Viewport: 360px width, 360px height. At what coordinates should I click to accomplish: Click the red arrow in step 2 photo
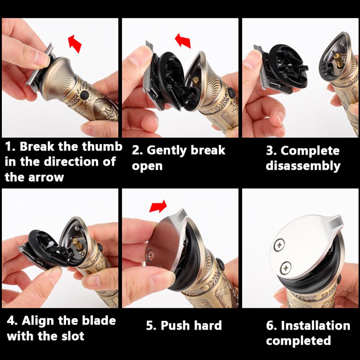(183, 40)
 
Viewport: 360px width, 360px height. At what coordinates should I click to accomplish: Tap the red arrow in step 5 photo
(157, 206)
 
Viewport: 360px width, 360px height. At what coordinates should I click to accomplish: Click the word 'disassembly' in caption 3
(303, 166)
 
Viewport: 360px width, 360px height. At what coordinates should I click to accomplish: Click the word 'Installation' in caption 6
(315, 325)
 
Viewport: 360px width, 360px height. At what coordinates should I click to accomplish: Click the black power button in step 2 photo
(230, 92)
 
